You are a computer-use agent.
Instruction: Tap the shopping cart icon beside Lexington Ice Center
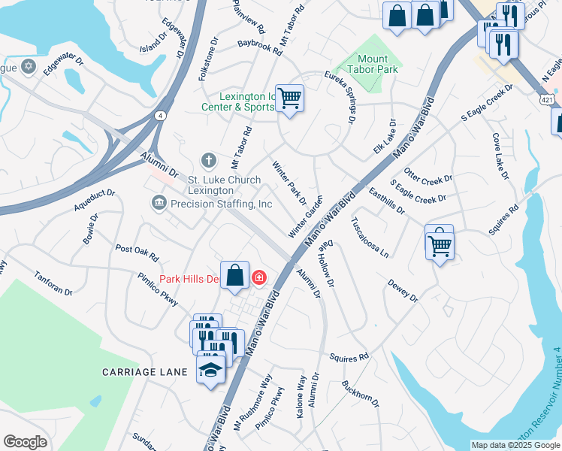pyautogui.click(x=289, y=98)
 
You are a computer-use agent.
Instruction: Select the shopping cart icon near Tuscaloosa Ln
pyautogui.click(x=439, y=242)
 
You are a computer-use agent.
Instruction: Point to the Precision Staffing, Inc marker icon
pyautogui.click(x=159, y=203)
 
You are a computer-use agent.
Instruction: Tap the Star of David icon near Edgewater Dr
pyautogui.click(x=29, y=67)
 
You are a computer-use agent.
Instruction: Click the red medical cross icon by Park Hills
pyautogui.click(x=259, y=278)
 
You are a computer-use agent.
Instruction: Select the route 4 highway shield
pyautogui.click(x=161, y=115)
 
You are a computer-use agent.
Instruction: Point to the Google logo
pyautogui.click(x=25, y=441)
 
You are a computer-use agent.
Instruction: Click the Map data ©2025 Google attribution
pyautogui.click(x=515, y=445)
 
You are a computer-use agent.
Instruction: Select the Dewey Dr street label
pyautogui.click(x=402, y=291)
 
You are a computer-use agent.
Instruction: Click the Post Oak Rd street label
pyautogui.click(x=137, y=252)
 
